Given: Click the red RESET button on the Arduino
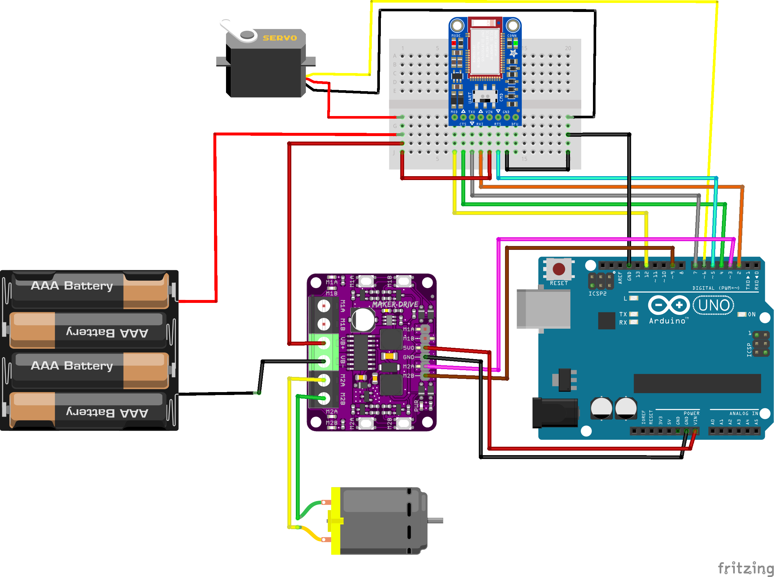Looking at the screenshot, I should coord(559,269).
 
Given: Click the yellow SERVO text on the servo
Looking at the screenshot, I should coord(280,38).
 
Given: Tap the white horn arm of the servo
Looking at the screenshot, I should coord(234,31).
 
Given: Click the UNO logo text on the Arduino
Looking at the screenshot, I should coord(714,305).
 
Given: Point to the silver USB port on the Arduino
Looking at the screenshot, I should coord(543,309).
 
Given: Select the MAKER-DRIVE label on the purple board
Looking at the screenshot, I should coord(395,305).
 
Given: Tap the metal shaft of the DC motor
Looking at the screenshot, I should coord(435,521).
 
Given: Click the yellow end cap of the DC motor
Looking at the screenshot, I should coord(336,521).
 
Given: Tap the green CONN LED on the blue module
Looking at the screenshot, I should coord(515,43).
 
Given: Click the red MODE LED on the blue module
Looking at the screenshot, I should coord(454,43).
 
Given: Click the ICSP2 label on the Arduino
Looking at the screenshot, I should coord(597,294).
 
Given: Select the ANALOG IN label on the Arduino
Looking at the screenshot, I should coord(743,413).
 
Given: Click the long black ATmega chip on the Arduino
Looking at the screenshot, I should coord(697,383).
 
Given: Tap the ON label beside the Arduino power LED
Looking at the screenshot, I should coord(752,314).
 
